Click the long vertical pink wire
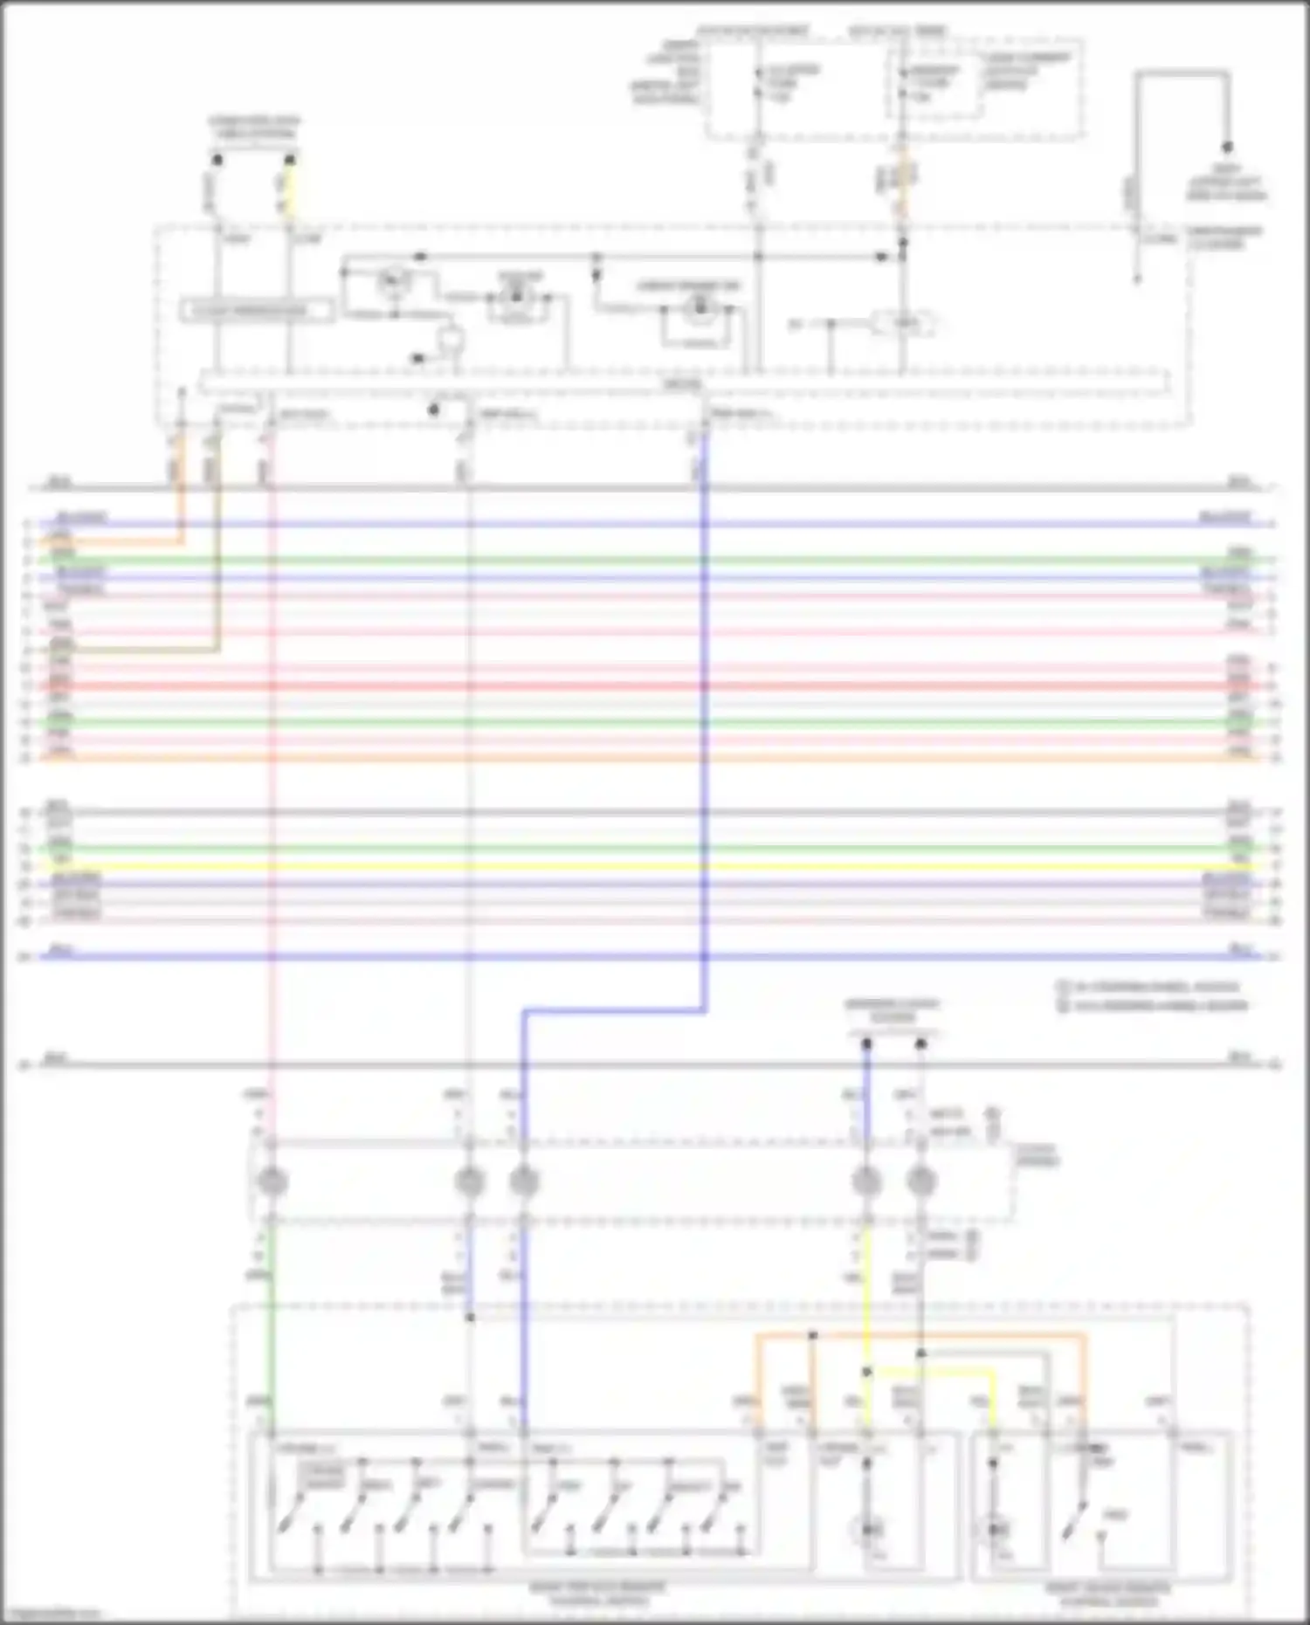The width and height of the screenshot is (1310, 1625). (271, 786)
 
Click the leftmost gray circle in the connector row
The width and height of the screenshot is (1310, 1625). (272, 1181)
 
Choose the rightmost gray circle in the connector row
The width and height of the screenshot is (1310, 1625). (920, 1181)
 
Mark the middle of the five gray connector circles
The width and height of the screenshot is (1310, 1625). (523, 1181)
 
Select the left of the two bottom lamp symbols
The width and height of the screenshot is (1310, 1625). (868, 1530)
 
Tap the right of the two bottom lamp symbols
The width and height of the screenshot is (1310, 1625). (995, 1530)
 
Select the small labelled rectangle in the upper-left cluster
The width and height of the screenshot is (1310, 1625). (257, 311)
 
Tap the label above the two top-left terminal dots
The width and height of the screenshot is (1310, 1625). (253, 127)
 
